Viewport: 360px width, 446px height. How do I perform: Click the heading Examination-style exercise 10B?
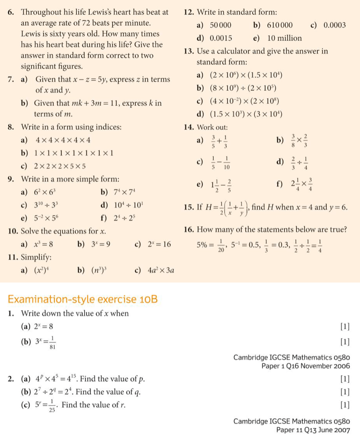(83, 299)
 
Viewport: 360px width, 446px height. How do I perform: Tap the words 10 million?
(285, 38)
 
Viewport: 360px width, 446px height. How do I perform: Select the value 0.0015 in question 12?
(221, 38)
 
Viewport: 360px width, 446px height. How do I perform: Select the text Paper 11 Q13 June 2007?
(313, 430)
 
